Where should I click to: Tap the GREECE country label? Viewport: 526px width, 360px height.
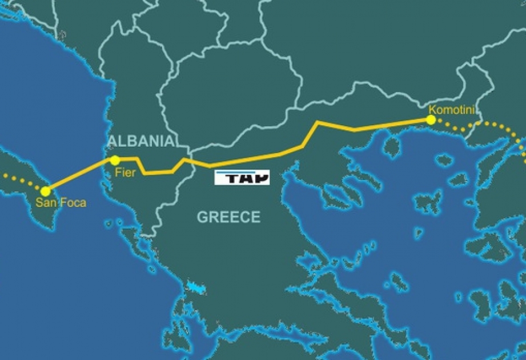coord(228,217)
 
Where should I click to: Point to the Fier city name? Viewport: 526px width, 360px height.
coord(126,173)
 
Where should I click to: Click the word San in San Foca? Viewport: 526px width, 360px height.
coord(45,202)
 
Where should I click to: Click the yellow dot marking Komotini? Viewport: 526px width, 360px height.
coord(431,120)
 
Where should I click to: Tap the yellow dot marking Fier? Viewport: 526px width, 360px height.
coord(115,160)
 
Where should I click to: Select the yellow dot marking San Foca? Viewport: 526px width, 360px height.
coord(46,191)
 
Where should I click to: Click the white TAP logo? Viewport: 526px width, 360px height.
coord(242,178)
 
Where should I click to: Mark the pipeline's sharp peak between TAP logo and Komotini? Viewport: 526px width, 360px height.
coord(318,122)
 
